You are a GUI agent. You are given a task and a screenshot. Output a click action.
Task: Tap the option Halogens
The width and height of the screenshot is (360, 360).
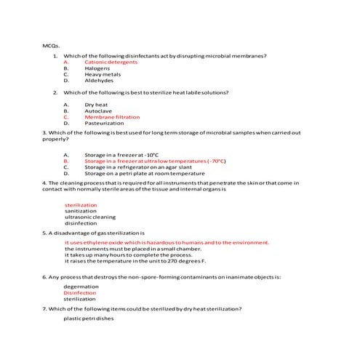tap(97, 68)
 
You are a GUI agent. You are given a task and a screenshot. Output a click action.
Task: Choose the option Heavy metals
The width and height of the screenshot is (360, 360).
tap(103, 75)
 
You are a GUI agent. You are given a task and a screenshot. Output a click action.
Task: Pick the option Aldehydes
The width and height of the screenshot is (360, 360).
tap(99, 81)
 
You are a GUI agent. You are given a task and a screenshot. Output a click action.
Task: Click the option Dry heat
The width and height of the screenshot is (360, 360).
tap(96, 105)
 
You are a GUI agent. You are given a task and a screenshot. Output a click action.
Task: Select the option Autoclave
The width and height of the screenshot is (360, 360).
tap(97, 111)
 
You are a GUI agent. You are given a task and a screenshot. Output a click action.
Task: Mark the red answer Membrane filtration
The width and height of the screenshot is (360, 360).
tap(112, 117)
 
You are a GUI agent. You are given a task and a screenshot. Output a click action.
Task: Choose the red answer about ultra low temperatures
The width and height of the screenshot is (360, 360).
tap(155, 161)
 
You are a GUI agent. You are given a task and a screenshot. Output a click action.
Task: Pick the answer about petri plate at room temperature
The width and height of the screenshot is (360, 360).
tap(144, 174)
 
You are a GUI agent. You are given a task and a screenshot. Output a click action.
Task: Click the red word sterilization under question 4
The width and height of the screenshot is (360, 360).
tap(81, 205)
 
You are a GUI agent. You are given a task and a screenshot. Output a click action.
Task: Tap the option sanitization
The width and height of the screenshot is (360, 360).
tap(80, 211)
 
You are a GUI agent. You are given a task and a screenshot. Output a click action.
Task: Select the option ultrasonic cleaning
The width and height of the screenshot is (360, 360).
tap(90, 217)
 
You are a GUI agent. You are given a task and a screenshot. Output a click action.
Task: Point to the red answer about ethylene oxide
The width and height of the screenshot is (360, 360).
tap(167, 242)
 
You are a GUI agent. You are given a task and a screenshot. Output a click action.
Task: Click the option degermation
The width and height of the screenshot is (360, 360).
tap(81, 287)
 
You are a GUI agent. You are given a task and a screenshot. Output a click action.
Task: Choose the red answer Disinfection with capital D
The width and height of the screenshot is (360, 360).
tap(80, 292)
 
